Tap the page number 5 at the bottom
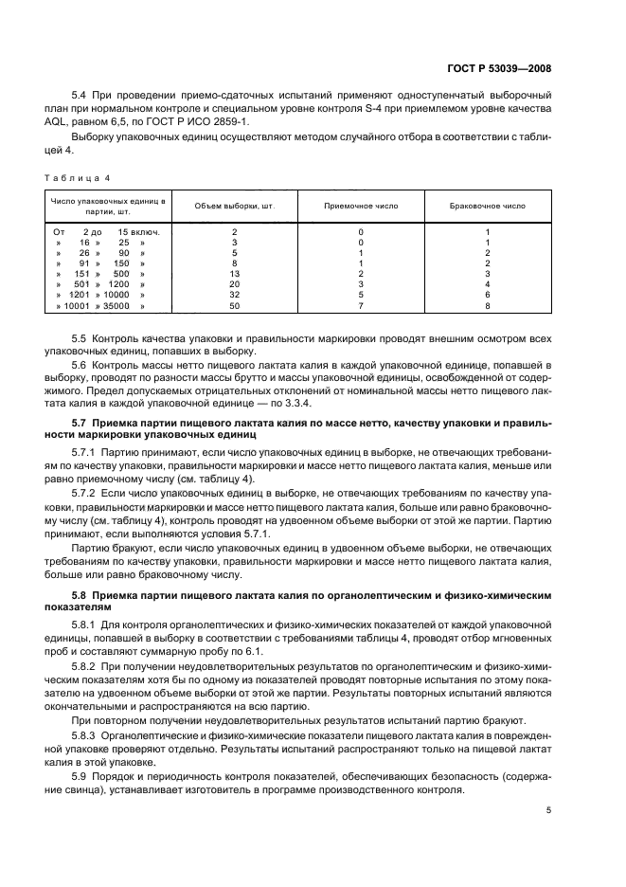[549, 810]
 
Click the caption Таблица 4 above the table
[71, 175]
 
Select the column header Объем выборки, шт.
[234, 206]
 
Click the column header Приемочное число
[361, 206]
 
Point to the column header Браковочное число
[487, 206]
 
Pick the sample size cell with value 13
[234, 273]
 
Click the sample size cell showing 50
[234, 307]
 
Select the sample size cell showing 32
[234, 296]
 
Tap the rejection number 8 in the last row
[487, 307]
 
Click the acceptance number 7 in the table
[361, 307]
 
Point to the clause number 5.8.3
[86, 734]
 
